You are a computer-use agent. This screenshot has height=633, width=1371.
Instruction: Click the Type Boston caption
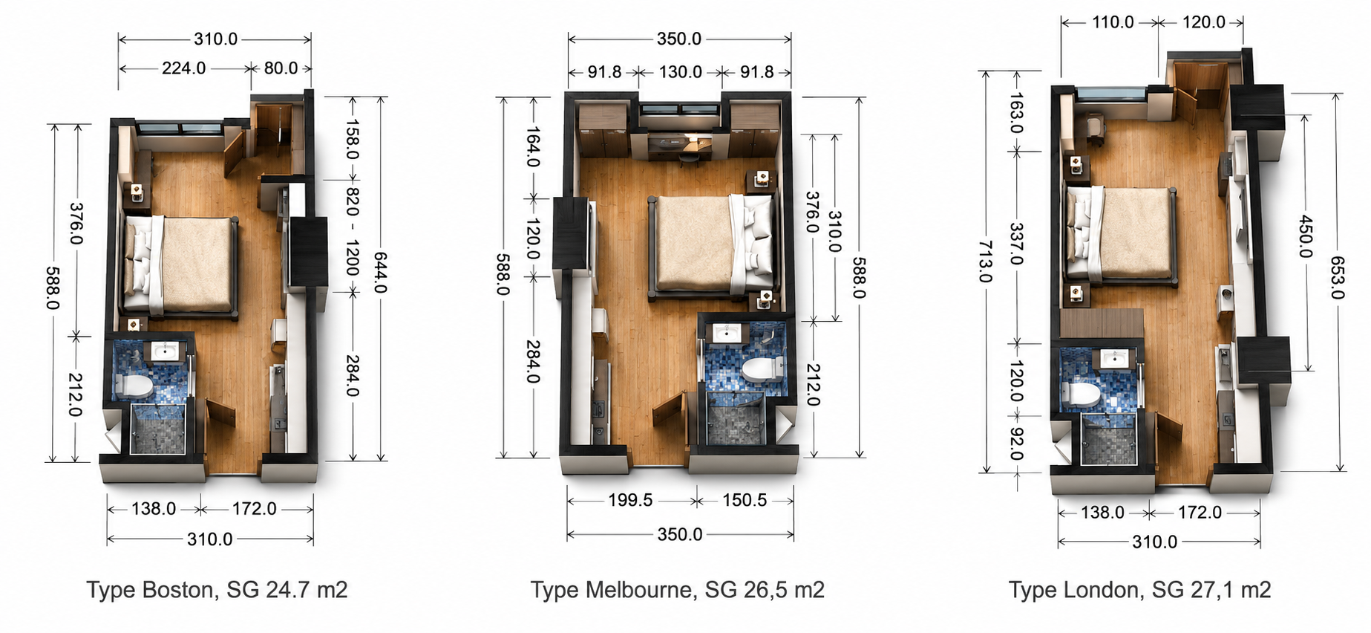point(217,589)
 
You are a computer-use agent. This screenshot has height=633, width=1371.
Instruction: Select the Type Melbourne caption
point(677,589)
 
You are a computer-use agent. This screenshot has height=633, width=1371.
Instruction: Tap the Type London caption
point(1139,589)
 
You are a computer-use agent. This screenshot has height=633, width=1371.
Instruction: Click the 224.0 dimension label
point(184,68)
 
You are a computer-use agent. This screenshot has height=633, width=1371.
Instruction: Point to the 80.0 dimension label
point(281,68)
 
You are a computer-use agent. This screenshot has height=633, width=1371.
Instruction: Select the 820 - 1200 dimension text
point(352,231)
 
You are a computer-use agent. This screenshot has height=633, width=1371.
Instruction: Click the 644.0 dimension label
point(380,273)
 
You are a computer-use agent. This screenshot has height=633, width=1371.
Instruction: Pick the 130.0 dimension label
point(680,72)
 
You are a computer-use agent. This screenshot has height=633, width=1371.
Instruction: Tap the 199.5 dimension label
point(630,500)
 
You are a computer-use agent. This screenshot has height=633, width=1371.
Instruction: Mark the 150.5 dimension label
point(745,500)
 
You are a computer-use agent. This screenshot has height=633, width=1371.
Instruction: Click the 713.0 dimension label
point(985,262)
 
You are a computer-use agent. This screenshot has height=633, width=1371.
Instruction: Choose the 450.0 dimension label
point(1306,236)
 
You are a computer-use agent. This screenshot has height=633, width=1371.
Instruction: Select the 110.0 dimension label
point(1113,22)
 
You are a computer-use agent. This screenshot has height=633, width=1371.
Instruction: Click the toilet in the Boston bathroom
point(134,386)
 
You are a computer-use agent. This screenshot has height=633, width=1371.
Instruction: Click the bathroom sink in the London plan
point(1114,360)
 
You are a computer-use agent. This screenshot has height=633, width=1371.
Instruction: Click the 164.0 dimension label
point(532,147)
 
